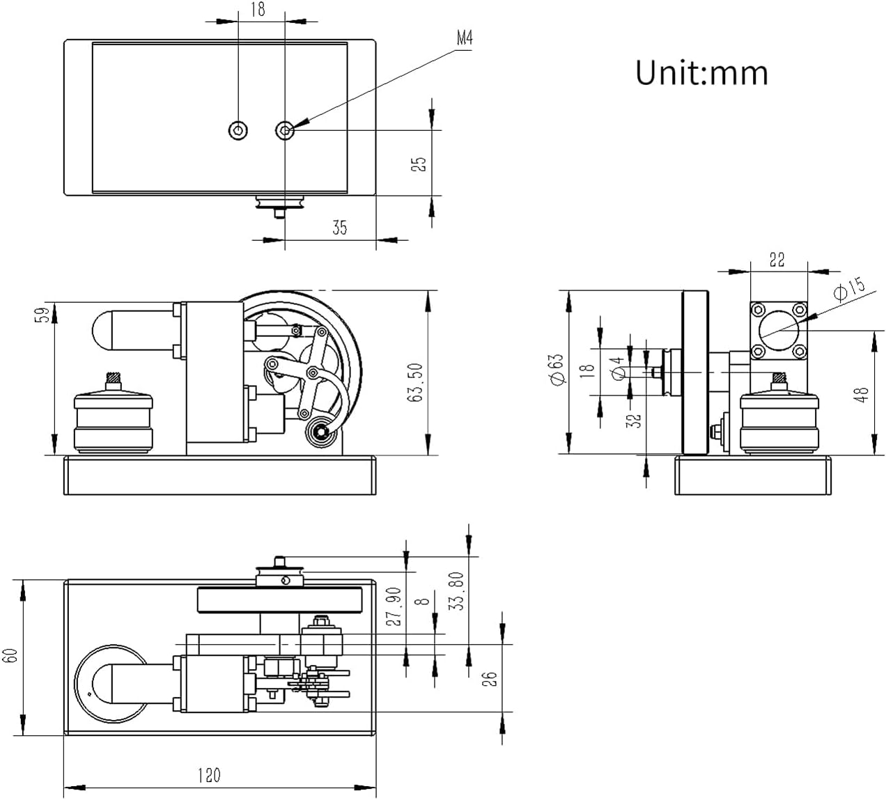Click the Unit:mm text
tap(701, 73)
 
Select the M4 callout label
tap(465, 39)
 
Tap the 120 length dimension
tap(209, 775)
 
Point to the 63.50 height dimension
tap(416, 382)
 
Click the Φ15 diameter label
tap(849, 288)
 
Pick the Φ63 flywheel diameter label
tap(556, 370)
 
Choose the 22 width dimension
tap(777, 260)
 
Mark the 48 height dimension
tap(862, 395)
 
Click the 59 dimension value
tap(43, 315)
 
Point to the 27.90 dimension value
tap(394, 606)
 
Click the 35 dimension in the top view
tap(339, 227)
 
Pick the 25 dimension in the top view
tap(419, 164)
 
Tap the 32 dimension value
tap(633, 421)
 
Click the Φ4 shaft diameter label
tap(616, 368)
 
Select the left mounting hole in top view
tap(238, 130)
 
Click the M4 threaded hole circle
tap(284, 130)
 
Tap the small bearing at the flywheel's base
tap(321, 432)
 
